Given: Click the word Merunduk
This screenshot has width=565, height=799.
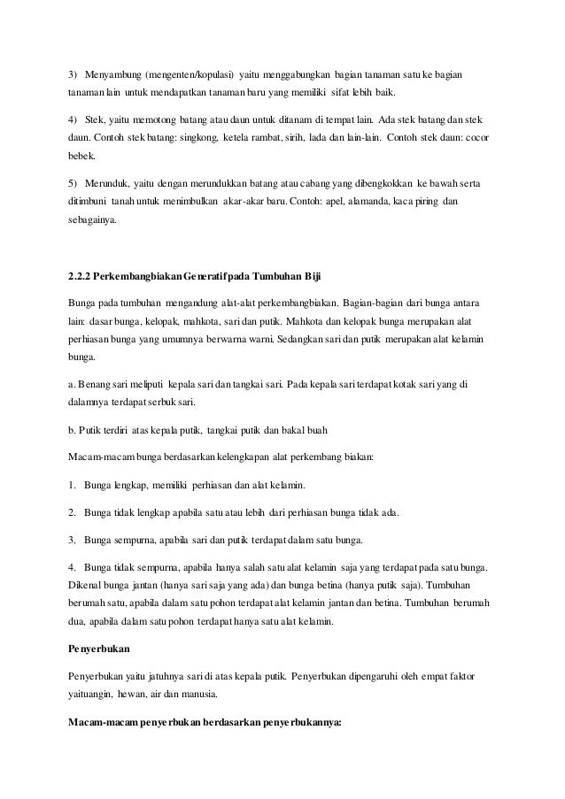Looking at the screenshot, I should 110,184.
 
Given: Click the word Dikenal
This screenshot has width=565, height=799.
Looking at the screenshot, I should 86,588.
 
